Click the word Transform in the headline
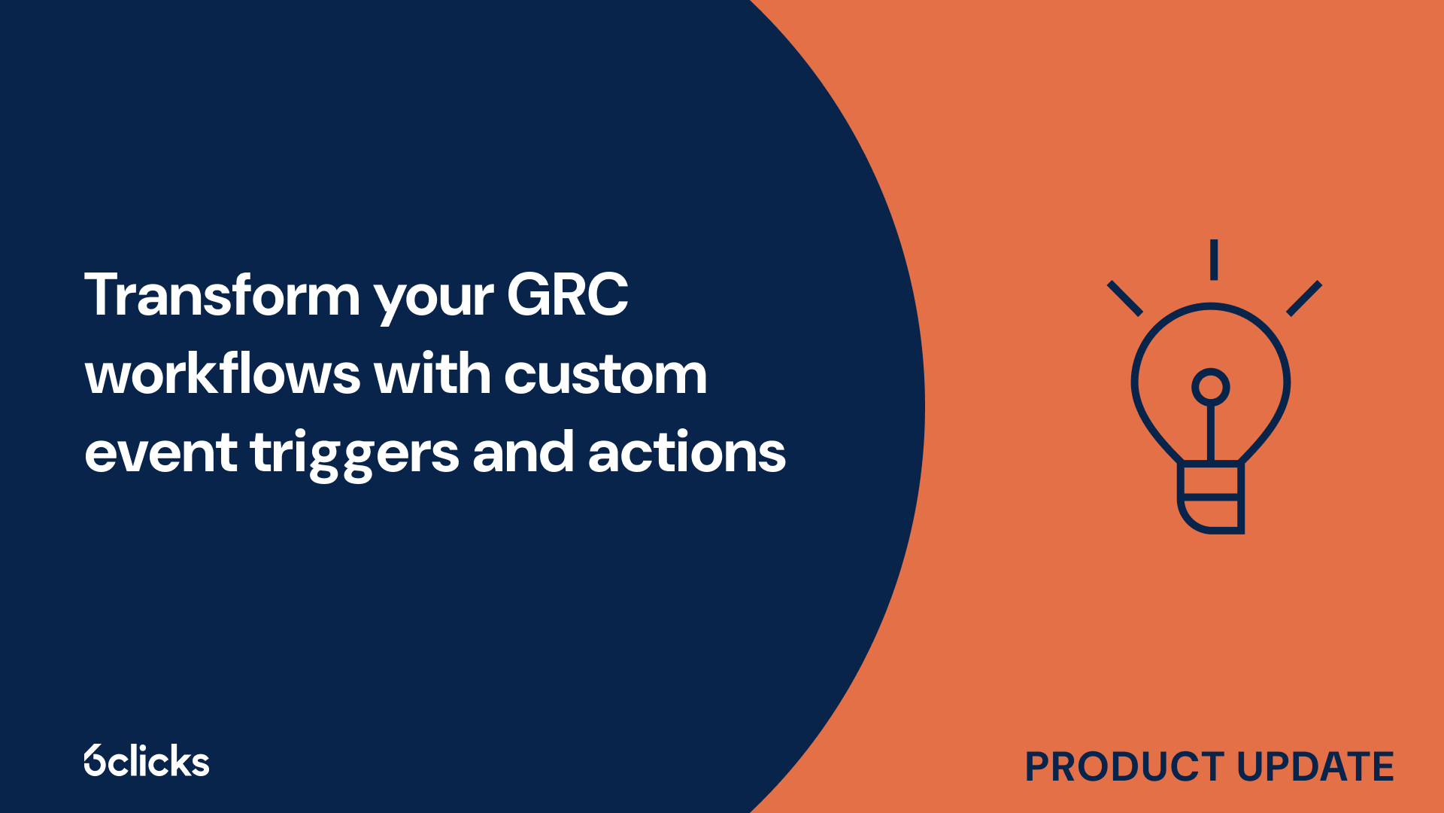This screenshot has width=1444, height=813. click(x=222, y=295)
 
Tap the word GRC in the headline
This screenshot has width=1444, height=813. click(x=567, y=295)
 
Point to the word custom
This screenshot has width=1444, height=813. click(x=605, y=375)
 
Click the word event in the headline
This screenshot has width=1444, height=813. click(x=161, y=453)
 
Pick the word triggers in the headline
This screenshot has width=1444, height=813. click(x=354, y=455)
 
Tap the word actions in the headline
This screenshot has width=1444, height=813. click(x=687, y=453)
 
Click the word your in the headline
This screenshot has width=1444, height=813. click(x=434, y=300)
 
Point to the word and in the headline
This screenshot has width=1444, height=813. click(x=523, y=453)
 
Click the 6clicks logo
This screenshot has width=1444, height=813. click(x=147, y=761)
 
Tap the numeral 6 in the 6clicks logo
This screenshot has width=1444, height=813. click(x=94, y=761)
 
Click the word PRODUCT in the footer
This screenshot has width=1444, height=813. click(x=1125, y=767)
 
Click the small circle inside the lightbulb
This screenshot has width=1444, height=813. click(x=1210, y=387)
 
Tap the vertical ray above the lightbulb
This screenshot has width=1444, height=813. click(x=1213, y=260)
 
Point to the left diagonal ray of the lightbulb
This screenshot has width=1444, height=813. click(x=1125, y=298)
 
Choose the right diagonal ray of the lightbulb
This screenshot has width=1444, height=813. click(x=1304, y=298)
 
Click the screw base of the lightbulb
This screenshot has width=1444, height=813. click(x=1210, y=498)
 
